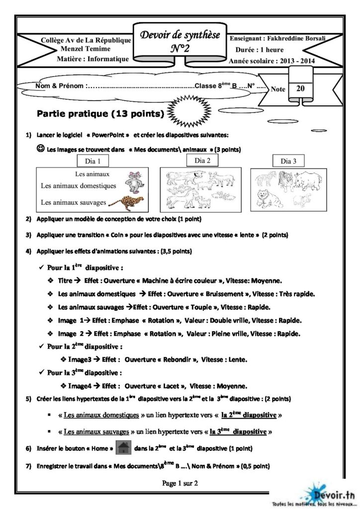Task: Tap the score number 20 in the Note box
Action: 300,89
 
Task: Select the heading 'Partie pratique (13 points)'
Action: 101,113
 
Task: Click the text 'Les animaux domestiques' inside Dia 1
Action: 79,185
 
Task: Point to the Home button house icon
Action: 123,448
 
